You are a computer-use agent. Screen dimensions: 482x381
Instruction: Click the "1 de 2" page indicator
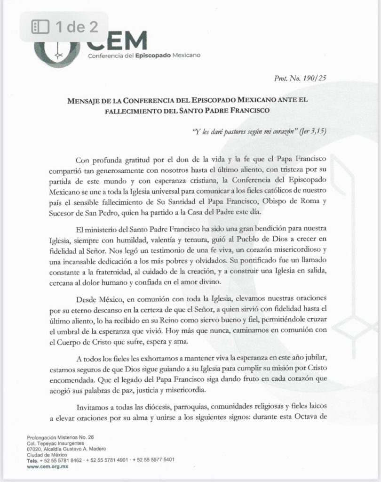(76, 27)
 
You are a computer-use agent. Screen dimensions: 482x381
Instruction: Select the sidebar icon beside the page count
(40, 27)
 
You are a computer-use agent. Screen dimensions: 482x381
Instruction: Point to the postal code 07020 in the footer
(35, 449)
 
